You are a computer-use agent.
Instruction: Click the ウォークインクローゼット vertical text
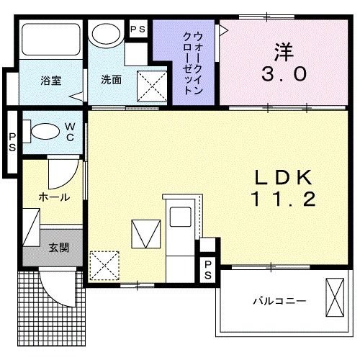tap(189, 63)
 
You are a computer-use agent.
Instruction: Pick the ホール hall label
tap(55, 197)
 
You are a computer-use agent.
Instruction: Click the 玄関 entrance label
tap(58, 248)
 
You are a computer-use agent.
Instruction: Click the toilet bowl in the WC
tap(45, 132)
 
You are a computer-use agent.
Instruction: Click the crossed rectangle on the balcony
tap(335, 296)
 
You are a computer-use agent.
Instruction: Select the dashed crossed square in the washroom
tap(153, 88)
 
